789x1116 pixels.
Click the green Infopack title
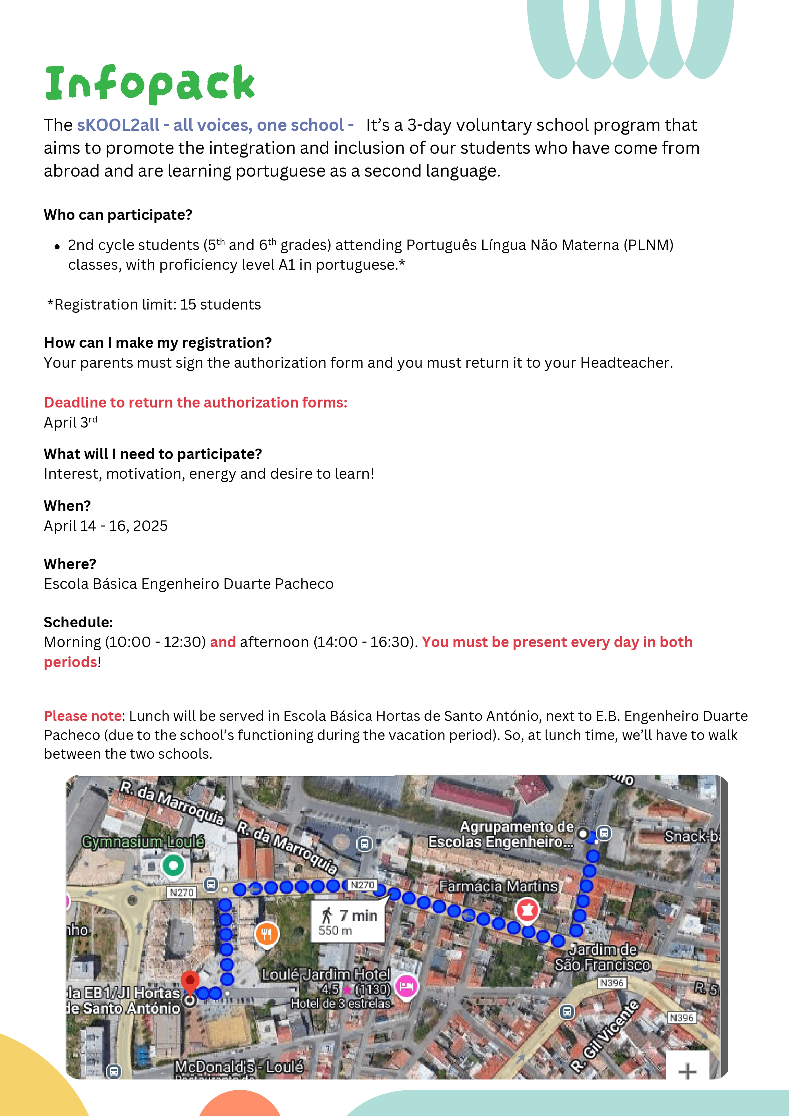(x=150, y=84)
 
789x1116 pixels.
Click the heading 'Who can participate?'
(x=118, y=215)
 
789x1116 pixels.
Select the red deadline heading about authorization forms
(x=195, y=402)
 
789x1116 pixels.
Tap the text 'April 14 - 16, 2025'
(x=106, y=526)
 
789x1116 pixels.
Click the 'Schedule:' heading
(x=78, y=622)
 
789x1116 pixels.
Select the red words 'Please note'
(x=83, y=716)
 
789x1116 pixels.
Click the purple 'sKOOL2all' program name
(x=118, y=125)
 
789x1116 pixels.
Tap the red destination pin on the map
(x=190, y=980)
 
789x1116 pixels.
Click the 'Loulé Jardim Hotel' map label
(x=326, y=974)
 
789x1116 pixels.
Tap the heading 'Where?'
(x=70, y=564)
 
